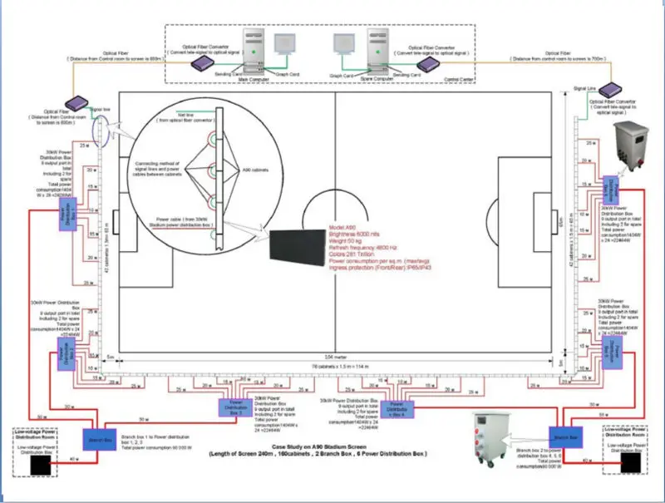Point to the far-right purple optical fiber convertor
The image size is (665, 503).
coord(613,90)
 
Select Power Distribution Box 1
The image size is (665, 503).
coord(64,217)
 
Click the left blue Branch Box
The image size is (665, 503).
coord(96,440)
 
